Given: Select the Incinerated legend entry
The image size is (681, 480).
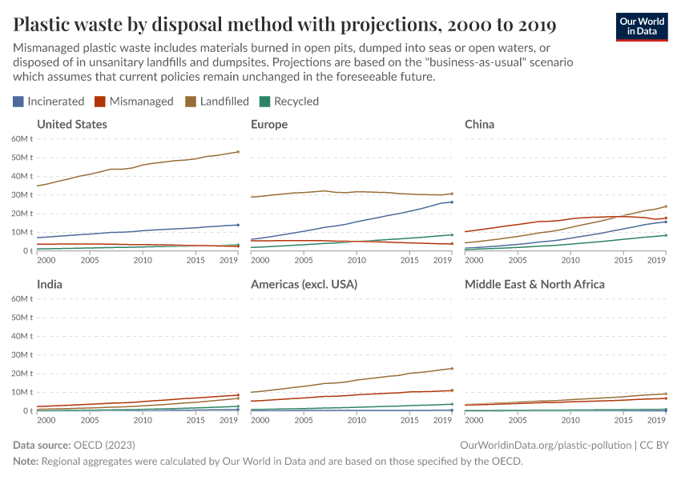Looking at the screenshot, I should (48, 102).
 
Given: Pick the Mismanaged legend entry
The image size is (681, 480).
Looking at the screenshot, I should (134, 102).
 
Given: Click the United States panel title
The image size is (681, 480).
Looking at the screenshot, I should (72, 124).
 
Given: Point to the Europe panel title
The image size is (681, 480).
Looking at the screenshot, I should (269, 124).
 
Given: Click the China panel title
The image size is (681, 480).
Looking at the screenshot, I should (479, 124).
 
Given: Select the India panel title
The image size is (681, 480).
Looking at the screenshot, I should (50, 284).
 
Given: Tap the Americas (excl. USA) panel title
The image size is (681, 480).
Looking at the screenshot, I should (304, 284).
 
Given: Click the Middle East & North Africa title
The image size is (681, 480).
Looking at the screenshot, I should (534, 284).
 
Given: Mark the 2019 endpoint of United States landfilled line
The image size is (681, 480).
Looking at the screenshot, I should (238, 152).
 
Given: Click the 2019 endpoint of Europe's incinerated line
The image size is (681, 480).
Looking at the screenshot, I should (452, 202).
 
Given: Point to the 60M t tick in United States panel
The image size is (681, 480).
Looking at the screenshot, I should (21, 138).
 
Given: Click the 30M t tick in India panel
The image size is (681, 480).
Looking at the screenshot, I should (21, 354).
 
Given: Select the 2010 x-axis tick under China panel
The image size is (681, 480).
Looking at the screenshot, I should (570, 261).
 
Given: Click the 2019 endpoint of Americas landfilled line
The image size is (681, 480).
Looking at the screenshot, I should (452, 369).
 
